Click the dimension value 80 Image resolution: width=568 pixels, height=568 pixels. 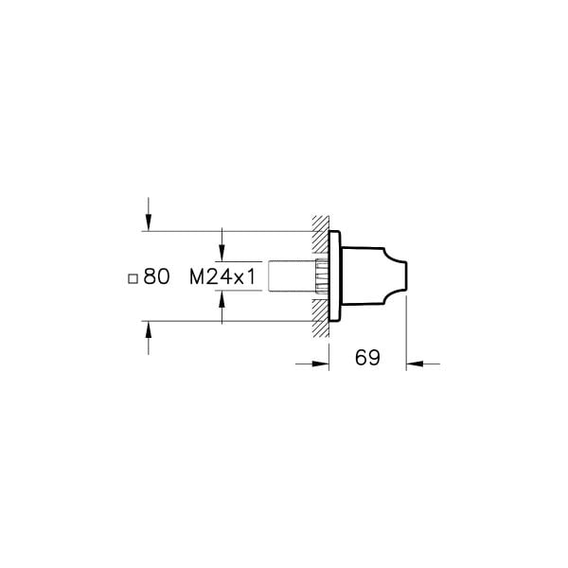pyautogui.click(x=156, y=277)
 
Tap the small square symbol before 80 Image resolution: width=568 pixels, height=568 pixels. pyautogui.click(x=133, y=278)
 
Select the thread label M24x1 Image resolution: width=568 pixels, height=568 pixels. pyautogui.click(x=222, y=277)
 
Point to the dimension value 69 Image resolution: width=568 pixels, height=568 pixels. pyautogui.click(x=367, y=358)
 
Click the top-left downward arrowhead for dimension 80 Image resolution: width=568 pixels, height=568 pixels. pyautogui.click(x=149, y=222)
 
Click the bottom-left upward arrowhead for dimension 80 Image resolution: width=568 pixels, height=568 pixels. pyautogui.click(x=149, y=329)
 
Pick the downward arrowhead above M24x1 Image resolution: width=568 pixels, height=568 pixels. pyautogui.click(x=222, y=253)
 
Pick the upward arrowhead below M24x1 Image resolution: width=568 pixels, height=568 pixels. pyautogui.click(x=222, y=299)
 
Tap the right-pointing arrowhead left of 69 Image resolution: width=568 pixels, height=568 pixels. pyautogui.click(x=320, y=364)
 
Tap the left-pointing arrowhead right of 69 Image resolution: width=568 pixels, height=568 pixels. pyautogui.click(x=415, y=364)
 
